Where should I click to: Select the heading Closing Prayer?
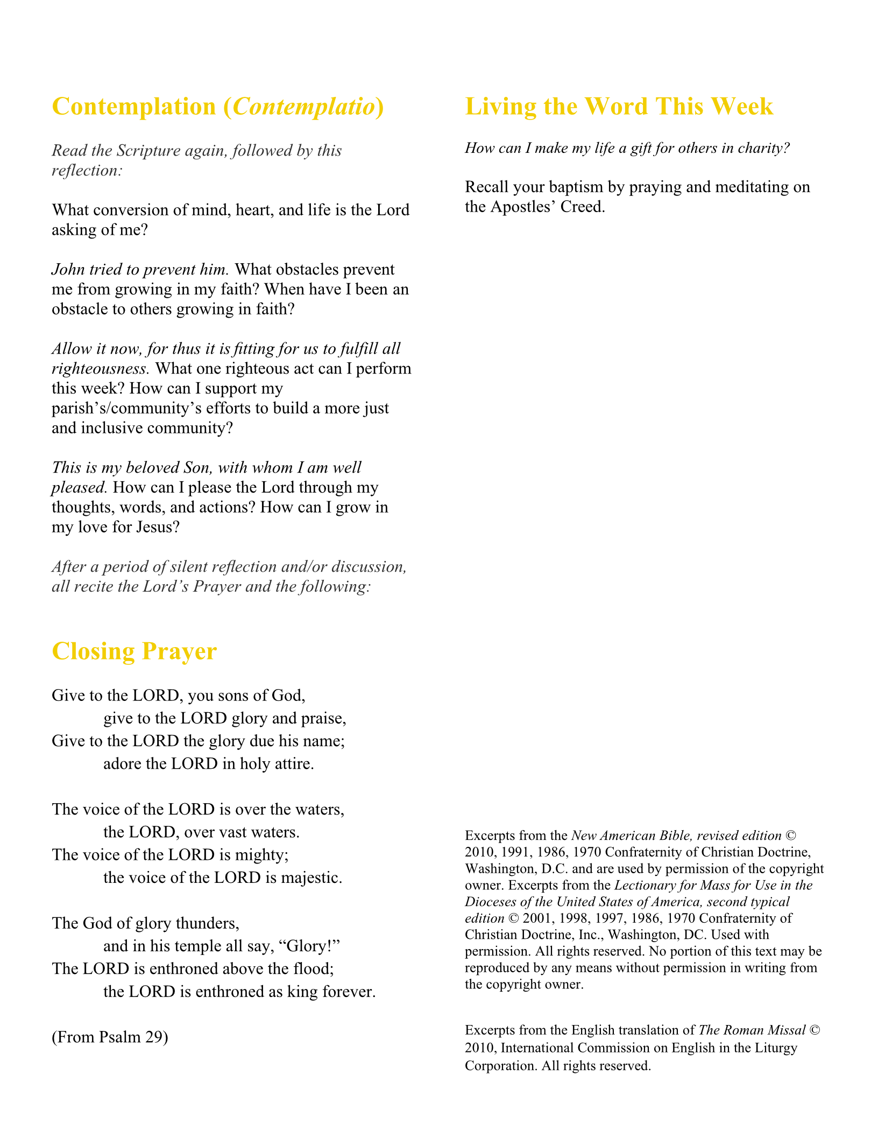point(134,651)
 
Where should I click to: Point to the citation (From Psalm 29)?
point(110,1037)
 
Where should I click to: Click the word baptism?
point(575,187)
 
